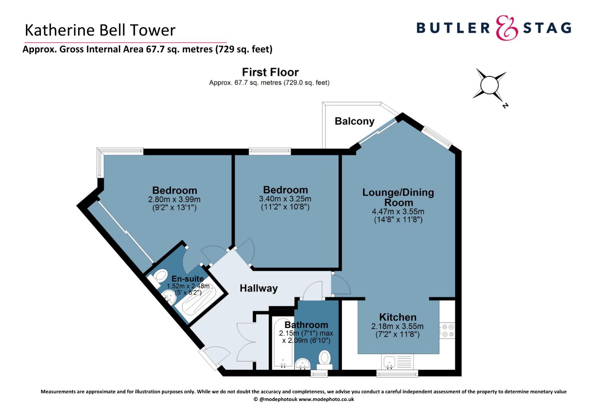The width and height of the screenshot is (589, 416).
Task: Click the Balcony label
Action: tap(355, 121)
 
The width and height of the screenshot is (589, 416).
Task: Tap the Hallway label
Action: tap(259, 288)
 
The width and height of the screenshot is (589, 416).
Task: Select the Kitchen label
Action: tap(397, 317)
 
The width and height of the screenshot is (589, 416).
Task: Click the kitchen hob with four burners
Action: tap(447, 330)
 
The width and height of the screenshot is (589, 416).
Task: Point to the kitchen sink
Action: tap(397, 362)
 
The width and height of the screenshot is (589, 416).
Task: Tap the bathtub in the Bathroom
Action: tap(283, 342)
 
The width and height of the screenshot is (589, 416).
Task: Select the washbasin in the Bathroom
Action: tap(303, 364)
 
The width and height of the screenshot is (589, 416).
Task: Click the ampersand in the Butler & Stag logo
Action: tap(507, 28)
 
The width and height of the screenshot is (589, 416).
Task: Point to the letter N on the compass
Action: tap(505, 106)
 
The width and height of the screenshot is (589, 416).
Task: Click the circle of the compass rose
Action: tap(489, 85)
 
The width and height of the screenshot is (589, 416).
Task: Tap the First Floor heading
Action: tap(270, 72)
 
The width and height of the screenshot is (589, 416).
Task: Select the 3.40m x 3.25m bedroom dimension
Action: tap(285, 199)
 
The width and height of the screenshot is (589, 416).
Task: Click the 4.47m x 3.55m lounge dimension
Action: tap(398, 211)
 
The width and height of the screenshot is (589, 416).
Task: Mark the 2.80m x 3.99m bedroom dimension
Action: tap(174, 199)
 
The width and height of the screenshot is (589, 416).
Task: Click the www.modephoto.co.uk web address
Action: tap(326, 399)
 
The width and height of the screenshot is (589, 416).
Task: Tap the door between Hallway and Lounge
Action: tap(340, 284)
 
